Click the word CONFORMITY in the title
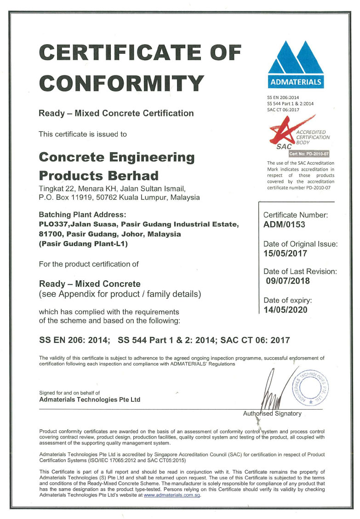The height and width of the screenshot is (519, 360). (x=121, y=83)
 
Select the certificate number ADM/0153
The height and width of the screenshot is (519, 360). (x=284, y=225)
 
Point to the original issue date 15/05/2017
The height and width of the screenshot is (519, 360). (x=285, y=253)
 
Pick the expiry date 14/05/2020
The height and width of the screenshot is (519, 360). (x=286, y=309)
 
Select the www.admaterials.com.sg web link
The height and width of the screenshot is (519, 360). (x=172, y=495)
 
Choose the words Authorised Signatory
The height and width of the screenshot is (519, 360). (x=272, y=413)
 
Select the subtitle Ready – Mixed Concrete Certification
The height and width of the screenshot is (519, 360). (x=116, y=113)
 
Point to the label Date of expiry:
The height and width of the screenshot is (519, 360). (x=287, y=300)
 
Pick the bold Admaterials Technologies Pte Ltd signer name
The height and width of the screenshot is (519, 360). (x=90, y=399)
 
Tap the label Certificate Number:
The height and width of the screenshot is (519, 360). (x=295, y=215)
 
